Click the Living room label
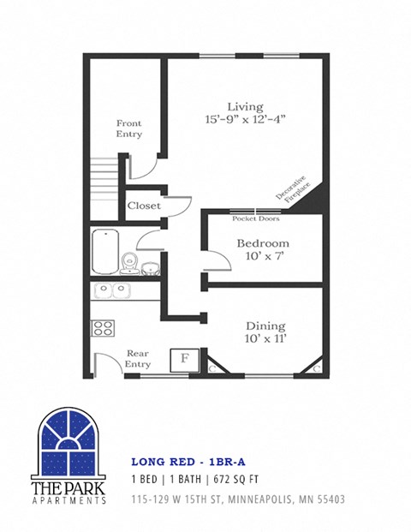(244, 107)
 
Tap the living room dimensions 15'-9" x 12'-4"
(245, 121)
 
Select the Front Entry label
(128, 129)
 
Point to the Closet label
(143, 206)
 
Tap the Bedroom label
(262, 243)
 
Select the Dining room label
(265, 326)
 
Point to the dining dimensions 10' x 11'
(265, 340)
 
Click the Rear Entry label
(138, 358)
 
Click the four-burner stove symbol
(104, 327)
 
